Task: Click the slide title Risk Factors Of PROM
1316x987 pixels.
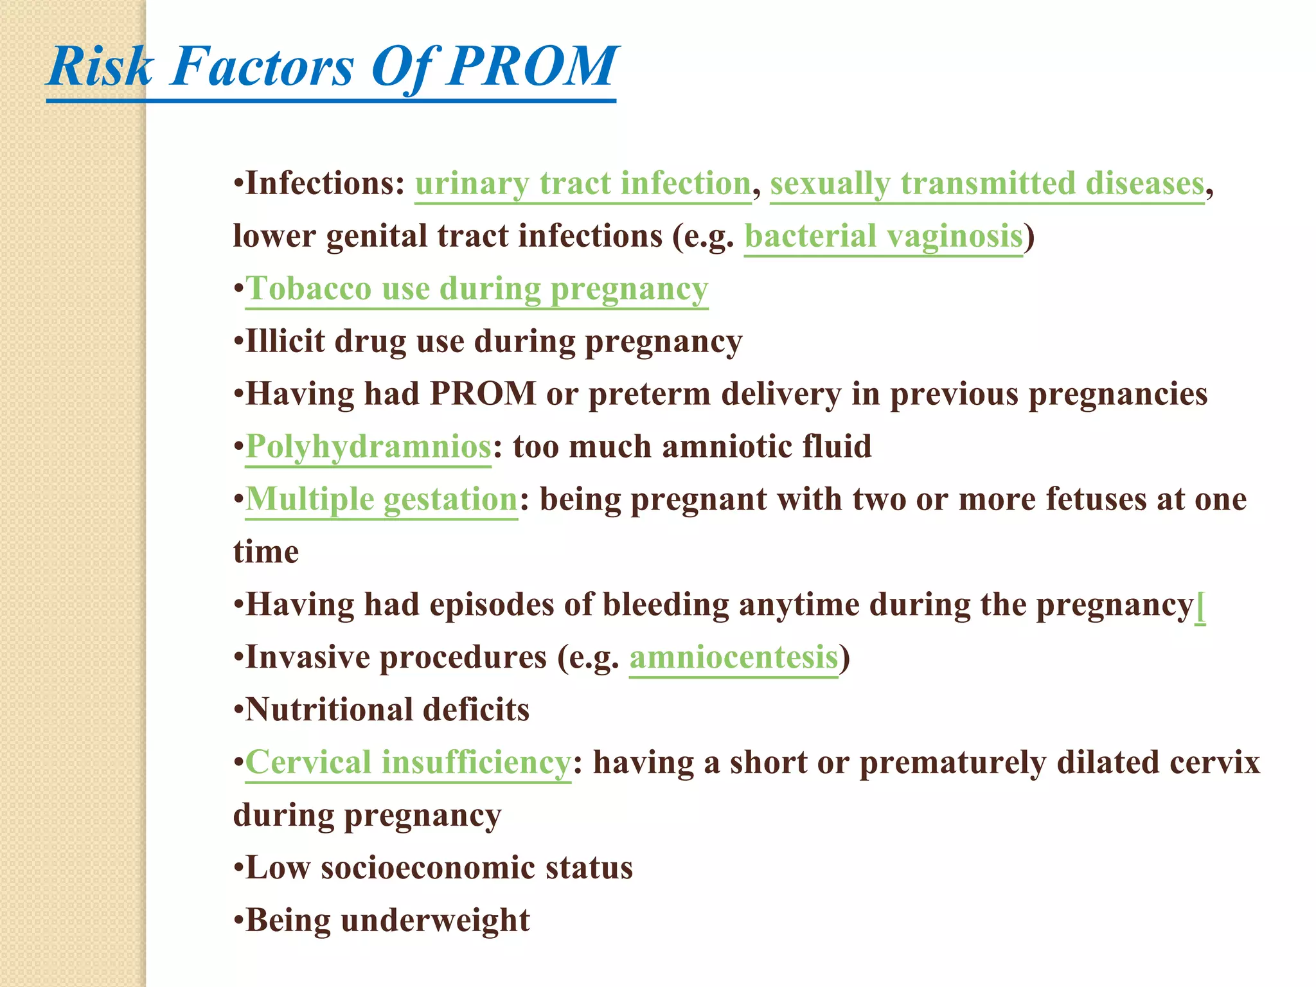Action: coord(332,67)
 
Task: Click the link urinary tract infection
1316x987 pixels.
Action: coord(582,184)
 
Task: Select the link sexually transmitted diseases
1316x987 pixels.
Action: coord(986,184)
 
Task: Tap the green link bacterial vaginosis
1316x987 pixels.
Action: coord(883,236)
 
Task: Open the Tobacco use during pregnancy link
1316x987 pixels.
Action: coord(476,289)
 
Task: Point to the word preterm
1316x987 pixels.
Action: coord(649,395)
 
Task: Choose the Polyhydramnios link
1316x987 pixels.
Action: coord(368,447)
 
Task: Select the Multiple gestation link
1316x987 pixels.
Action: coord(381,499)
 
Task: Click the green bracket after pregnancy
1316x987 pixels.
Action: coord(1200,606)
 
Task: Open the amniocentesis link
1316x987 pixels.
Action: coord(733,658)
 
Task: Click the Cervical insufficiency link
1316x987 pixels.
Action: coord(407,763)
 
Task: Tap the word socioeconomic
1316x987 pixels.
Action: coord(427,868)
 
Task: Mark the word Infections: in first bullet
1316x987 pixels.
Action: coord(325,184)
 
